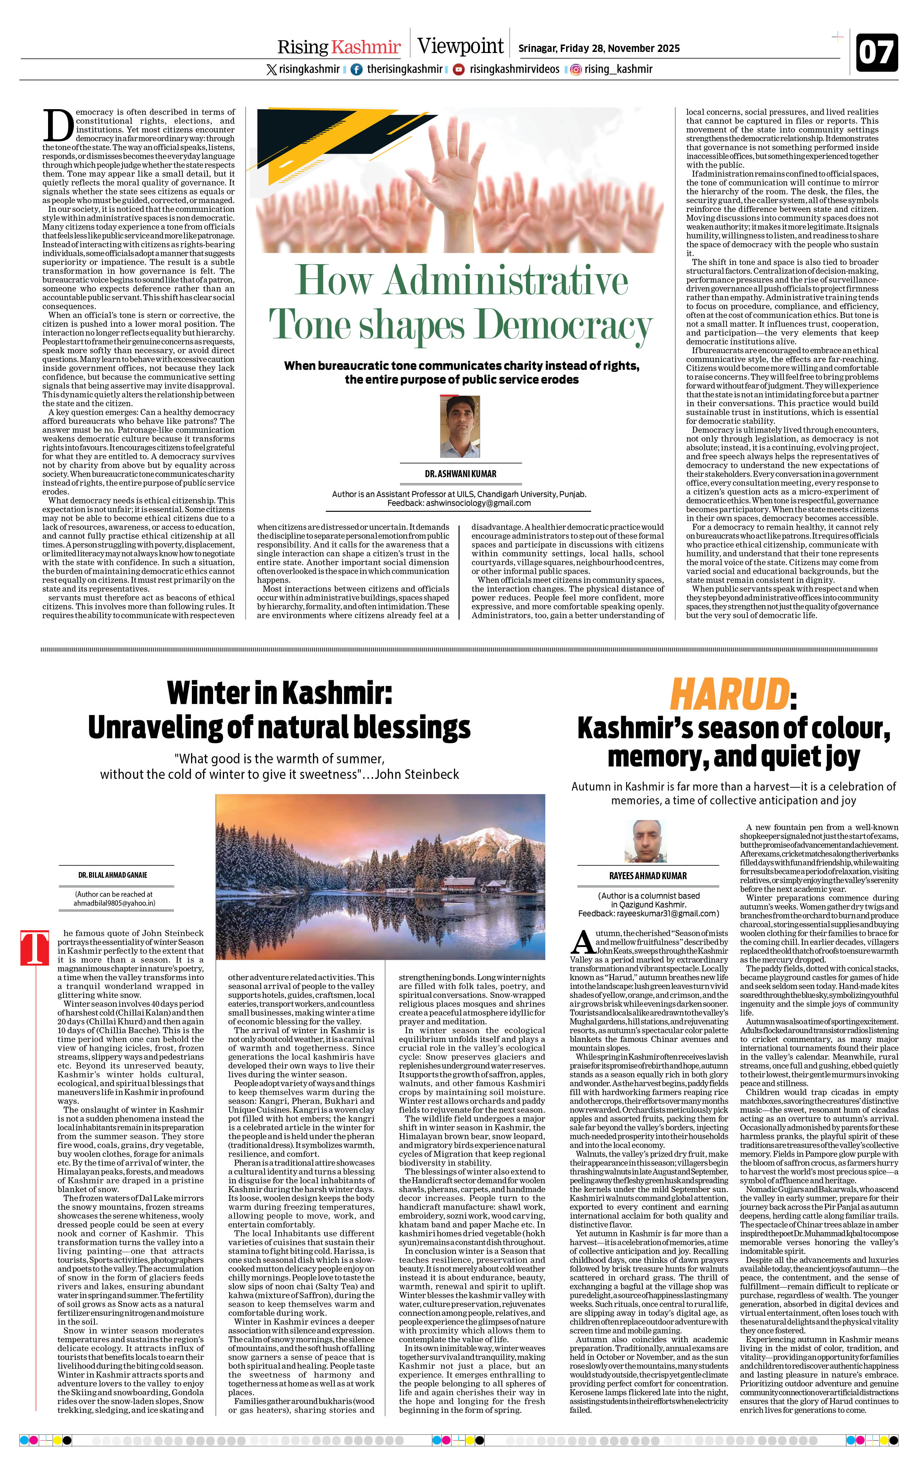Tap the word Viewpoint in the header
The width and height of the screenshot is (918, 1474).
460,46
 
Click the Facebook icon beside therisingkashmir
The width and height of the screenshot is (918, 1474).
357,69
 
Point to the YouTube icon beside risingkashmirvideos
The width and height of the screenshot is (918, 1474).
459,69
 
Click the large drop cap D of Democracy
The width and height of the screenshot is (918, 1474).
58,126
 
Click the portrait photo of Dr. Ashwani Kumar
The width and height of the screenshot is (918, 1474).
460,427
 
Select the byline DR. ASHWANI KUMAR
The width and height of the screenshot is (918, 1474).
460,473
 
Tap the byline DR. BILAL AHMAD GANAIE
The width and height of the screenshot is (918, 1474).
112,875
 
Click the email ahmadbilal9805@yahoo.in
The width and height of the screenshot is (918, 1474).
114,903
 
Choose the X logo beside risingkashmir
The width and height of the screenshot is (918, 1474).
271,69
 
